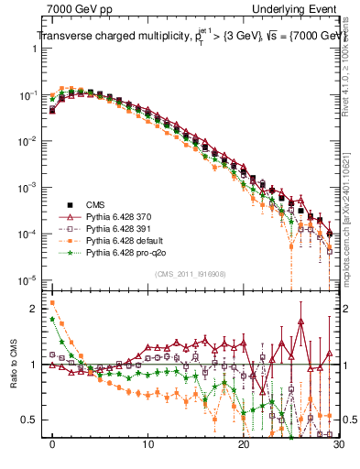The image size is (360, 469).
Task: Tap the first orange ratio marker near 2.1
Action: (x=53, y=302)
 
